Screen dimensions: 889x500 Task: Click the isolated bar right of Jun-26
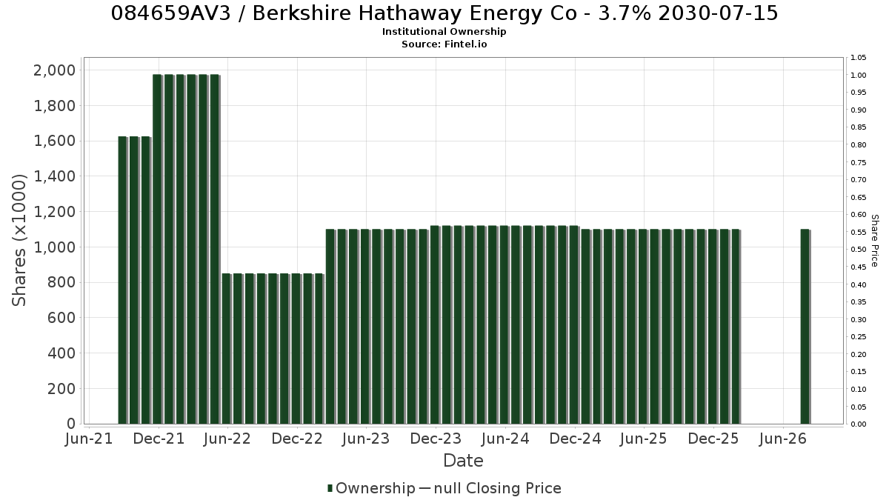(805, 326)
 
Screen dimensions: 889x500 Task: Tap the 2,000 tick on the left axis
(54, 70)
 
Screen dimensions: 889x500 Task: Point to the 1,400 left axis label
(54, 176)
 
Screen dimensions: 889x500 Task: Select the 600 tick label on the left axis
(61, 318)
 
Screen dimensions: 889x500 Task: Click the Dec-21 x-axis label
(159, 439)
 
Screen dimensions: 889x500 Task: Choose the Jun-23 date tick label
(366, 439)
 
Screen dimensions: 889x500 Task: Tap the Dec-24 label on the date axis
(575, 439)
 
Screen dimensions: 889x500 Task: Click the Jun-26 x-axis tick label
(782, 439)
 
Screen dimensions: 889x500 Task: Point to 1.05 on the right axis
(859, 58)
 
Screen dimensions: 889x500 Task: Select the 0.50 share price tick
(859, 250)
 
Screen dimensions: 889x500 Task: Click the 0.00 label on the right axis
(859, 424)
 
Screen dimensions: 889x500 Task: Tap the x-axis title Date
(463, 461)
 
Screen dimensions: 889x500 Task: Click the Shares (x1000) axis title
(19, 240)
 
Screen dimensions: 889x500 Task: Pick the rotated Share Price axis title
(874, 241)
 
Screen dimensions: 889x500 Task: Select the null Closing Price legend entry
(490, 488)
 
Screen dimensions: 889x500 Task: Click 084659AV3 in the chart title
(170, 13)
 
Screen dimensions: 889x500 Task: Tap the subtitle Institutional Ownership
(444, 32)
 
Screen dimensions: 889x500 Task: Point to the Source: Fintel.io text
(444, 44)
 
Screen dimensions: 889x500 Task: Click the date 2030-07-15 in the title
(718, 13)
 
